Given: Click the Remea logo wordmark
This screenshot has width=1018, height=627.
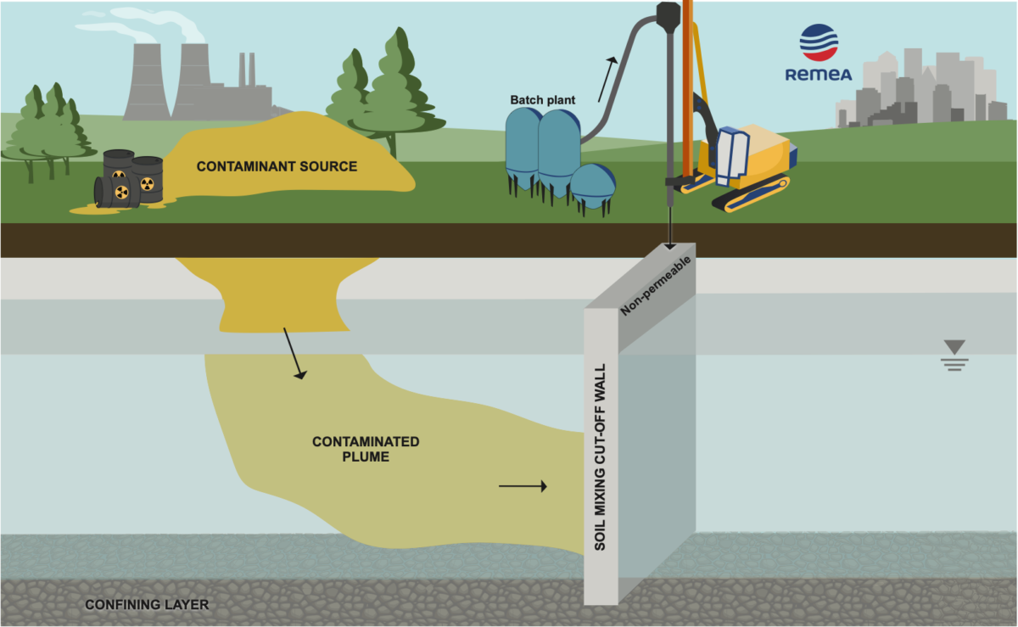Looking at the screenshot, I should tap(818, 75).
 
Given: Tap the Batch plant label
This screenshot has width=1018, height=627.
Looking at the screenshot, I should tap(542, 100).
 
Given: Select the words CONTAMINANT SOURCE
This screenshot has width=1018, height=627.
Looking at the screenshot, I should tap(277, 166).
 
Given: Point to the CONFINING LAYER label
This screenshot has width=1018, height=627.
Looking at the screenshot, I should tap(146, 605).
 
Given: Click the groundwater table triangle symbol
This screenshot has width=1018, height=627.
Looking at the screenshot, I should tap(954, 346).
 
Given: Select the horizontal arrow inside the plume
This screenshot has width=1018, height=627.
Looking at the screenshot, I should tap(523, 486).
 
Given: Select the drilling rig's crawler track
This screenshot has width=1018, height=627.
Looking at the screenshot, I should tap(750, 196).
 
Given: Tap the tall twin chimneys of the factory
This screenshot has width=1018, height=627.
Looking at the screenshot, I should tap(246, 72).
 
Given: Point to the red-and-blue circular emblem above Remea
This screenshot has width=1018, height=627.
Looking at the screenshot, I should tap(819, 42).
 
